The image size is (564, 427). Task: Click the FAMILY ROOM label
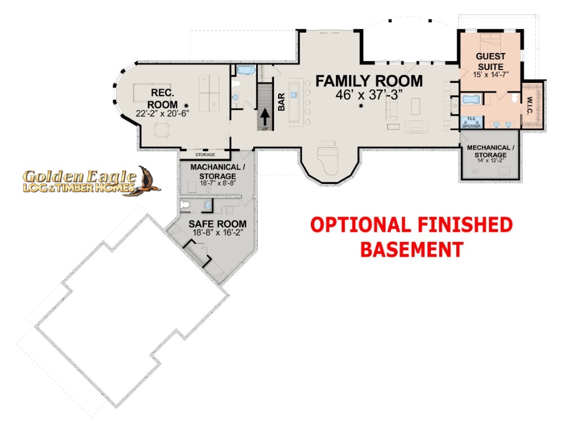coord(369,81)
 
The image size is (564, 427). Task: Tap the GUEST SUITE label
coord(491,61)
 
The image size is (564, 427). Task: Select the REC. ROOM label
coord(162,99)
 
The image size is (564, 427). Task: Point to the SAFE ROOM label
coord(218,224)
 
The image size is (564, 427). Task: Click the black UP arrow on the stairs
coord(265,116)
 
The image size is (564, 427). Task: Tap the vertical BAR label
coord(281,102)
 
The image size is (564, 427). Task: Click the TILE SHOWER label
coord(471,122)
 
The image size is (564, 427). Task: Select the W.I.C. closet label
coord(530,106)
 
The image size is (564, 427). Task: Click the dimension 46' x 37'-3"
coord(369,95)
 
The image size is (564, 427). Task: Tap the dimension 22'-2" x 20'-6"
coord(162,113)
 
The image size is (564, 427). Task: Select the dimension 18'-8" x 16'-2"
coord(218,233)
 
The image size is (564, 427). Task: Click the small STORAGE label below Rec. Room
coord(205,155)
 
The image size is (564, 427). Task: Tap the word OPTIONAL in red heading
coord(360,225)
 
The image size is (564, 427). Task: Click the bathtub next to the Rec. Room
coord(246,70)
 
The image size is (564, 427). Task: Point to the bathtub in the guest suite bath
coord(471,100)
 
